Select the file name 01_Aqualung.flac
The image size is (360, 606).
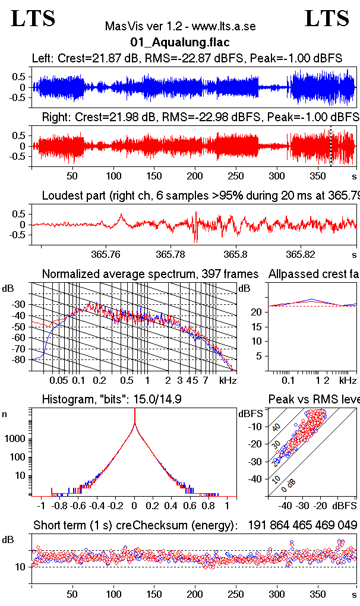[x=179, y=42]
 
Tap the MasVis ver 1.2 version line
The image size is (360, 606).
[x=179, y=27]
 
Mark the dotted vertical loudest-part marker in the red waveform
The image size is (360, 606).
[x=330, y=146]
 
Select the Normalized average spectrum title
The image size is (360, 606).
[x=150, y=274]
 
